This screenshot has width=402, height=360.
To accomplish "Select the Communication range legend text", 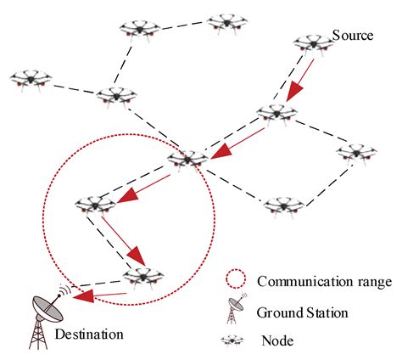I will click(x=317, y=282).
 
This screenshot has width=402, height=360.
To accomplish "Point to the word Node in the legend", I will click(x=276, y=340).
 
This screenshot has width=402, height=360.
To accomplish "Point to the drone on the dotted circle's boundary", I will click(x=187, y=158).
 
